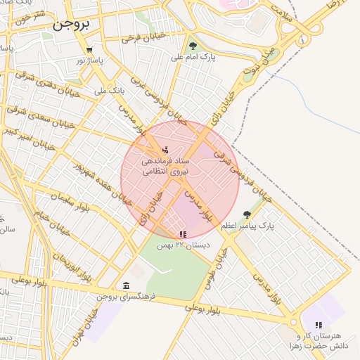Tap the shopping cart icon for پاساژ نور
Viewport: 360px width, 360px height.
tap(89, 50)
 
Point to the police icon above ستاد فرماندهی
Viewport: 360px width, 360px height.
tap(165, 149)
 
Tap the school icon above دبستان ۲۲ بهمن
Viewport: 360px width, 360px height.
tap(183, 234)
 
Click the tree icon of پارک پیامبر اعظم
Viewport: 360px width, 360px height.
tap(246, 214)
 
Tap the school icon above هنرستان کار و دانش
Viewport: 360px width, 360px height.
tap(318, 325)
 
